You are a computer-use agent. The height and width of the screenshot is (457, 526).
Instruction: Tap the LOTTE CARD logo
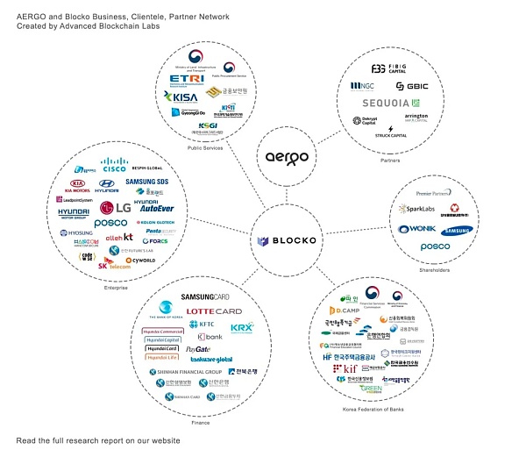(214, 311)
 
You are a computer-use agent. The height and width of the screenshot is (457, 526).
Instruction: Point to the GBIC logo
(411, 86)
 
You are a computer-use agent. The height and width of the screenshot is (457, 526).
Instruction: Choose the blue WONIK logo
(416, 229)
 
